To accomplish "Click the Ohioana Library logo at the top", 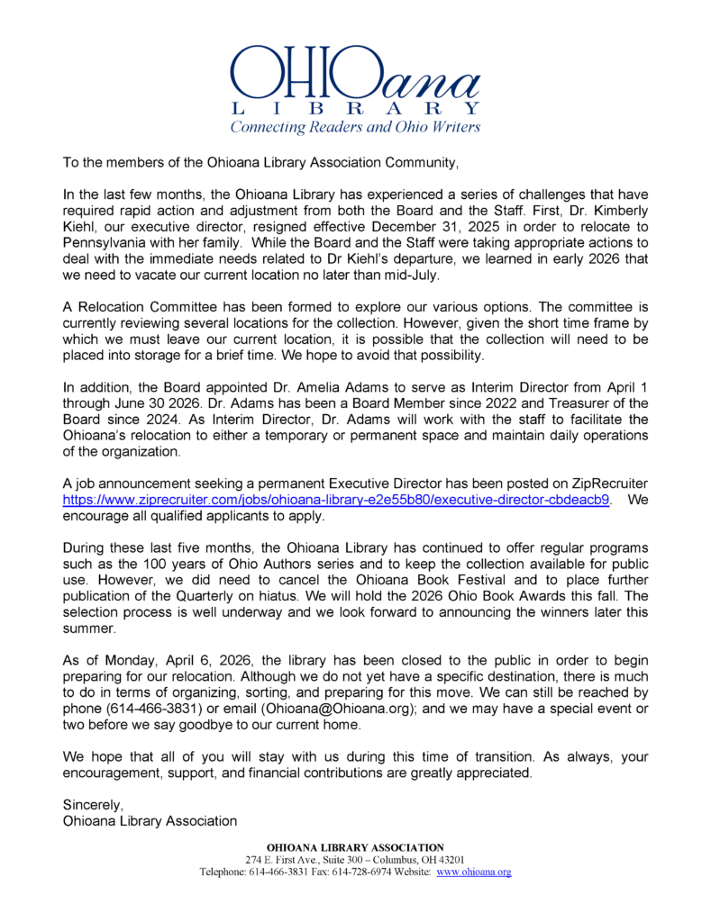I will pyautogui.click(x=355, y=77).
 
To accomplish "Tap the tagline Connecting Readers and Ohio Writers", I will pyautogui.click(x=355, y=127).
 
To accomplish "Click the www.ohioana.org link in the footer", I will pyautogui.click(x=474, y=872).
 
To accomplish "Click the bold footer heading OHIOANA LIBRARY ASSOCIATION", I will pyautogui.click(x=355, y=847).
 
